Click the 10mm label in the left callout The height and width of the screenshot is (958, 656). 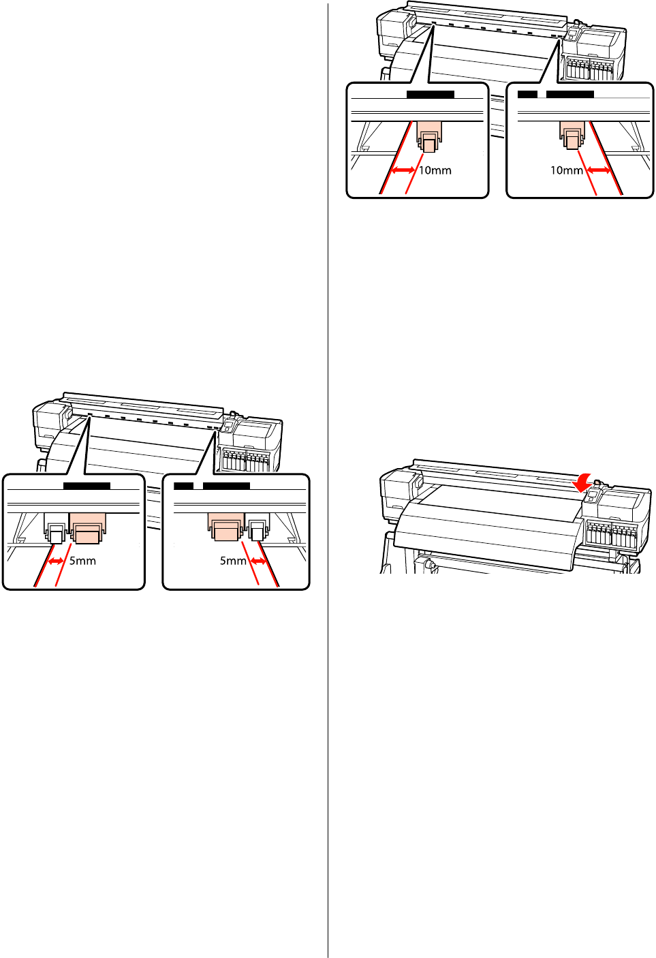click(435, 170)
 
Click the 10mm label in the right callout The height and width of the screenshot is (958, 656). click(567, 170)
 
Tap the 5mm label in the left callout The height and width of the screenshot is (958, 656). click(82, 561)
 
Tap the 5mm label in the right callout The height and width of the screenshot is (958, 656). click(233, 561)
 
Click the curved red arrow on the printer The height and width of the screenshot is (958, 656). click(582, 483)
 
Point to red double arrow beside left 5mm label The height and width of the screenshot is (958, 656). click(56, 561)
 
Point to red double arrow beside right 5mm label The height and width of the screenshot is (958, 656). click(259, 561)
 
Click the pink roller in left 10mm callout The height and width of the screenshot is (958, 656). click(428, 136)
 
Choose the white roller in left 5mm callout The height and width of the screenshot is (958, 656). click(54, 529)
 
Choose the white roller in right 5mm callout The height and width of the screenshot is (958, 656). click(257, 529)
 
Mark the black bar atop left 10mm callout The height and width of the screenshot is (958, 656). click(430, 94)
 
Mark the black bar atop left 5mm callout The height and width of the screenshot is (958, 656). click(87, 486)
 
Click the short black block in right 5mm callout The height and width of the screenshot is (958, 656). click(183, 486)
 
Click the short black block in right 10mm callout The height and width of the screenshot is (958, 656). click(527, 94)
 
